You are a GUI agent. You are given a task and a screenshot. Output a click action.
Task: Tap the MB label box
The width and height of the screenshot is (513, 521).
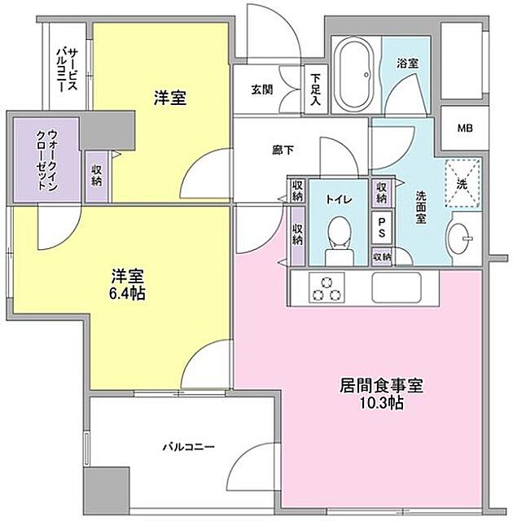tap(463, 129)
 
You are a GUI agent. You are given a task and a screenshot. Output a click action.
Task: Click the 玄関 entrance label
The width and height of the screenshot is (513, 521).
tap(261, 90)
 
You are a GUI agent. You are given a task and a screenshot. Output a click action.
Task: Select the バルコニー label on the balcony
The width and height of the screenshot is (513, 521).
tap(188, 447)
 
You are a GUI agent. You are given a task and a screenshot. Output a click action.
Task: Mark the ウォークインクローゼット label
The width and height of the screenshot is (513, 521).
tap(46, 160)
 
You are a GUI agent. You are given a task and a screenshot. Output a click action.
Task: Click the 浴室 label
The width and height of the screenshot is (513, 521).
tap(407, 62)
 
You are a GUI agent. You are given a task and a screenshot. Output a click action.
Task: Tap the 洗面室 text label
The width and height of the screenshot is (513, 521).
tap(420, 208)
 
